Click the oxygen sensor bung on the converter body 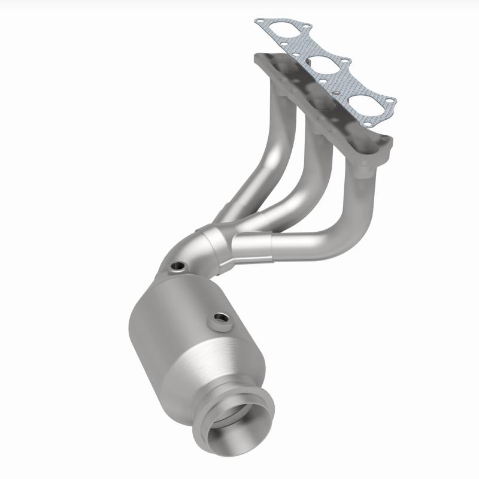coord(220,319)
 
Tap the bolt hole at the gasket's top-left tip coord(259,22)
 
